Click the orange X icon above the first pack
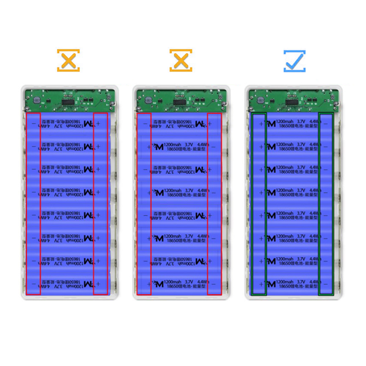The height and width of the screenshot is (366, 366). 68,60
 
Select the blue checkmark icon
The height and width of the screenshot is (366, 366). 295,61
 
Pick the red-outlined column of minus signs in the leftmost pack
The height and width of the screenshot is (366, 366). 33,204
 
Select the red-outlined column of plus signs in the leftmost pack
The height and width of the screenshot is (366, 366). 100,204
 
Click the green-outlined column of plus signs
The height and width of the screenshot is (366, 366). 259,204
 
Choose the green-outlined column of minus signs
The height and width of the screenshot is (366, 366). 326,204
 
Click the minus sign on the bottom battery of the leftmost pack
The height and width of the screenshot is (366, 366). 34,284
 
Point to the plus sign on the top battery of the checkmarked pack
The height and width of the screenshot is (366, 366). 261,123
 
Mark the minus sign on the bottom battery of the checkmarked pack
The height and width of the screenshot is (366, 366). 325,284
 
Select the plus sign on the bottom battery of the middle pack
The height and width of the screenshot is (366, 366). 148,284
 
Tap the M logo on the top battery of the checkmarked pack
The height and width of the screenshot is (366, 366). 271,123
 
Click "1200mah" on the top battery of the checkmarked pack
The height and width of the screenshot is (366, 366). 285,121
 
